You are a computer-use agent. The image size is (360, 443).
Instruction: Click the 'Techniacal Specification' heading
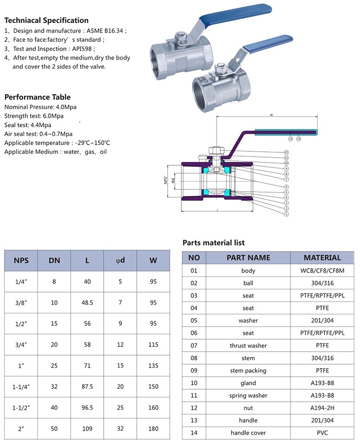47,21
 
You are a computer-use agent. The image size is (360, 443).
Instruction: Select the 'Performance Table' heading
37,97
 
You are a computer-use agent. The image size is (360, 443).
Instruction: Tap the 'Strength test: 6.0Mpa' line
34,116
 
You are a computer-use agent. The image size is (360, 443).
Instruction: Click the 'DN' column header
54,261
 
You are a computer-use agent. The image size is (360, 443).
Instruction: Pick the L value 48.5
87,302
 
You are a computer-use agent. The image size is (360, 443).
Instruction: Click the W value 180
153,428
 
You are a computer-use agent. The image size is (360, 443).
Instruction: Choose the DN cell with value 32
54,386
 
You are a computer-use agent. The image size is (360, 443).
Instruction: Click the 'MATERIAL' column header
322,258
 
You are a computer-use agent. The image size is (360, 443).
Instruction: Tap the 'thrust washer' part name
248,345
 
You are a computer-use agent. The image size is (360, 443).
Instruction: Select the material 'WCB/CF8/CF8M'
322,271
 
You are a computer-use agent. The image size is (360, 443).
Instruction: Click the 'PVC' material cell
322,433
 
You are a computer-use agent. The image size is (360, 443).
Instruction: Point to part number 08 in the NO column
194,358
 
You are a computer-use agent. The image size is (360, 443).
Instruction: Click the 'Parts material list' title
214,243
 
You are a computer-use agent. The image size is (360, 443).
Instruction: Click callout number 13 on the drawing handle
290,139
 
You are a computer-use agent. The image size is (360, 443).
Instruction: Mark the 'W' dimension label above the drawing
271,115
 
